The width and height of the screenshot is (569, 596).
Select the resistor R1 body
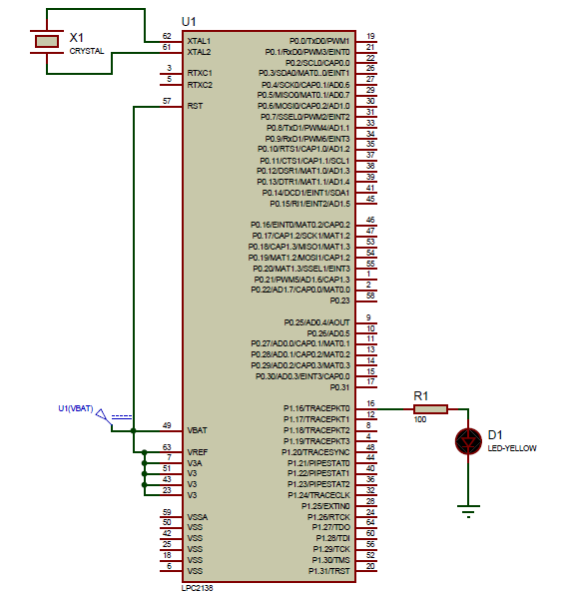pos(431,408)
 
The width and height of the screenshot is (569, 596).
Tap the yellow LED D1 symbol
pos(466,440)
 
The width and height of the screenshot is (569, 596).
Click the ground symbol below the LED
pos(466,514)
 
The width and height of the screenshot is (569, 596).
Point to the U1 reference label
pos(190,21)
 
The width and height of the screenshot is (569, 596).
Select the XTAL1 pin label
pos(199,40)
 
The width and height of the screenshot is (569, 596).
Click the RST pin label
pos(195,105)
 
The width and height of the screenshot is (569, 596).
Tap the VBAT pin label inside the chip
pos(198,430)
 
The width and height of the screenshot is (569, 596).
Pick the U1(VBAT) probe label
pos(76,408)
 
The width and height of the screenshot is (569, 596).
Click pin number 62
pos(167,36)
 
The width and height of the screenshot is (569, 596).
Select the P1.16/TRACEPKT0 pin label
pos(317,408)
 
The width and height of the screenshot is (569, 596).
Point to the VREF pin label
pos(198,452)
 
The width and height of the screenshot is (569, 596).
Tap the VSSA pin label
pos(198,515)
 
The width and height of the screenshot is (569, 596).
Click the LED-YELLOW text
pos(511,448)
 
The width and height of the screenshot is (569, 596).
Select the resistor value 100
pos(420,419)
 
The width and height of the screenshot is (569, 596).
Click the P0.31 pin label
pos(340,386)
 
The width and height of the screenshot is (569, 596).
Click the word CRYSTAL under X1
pos(86,50)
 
